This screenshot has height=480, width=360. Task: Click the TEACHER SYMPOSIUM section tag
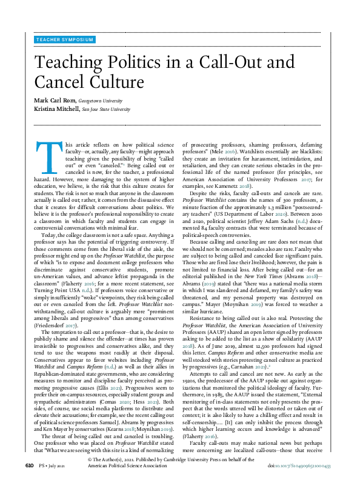65,39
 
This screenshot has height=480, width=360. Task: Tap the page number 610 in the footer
29,465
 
